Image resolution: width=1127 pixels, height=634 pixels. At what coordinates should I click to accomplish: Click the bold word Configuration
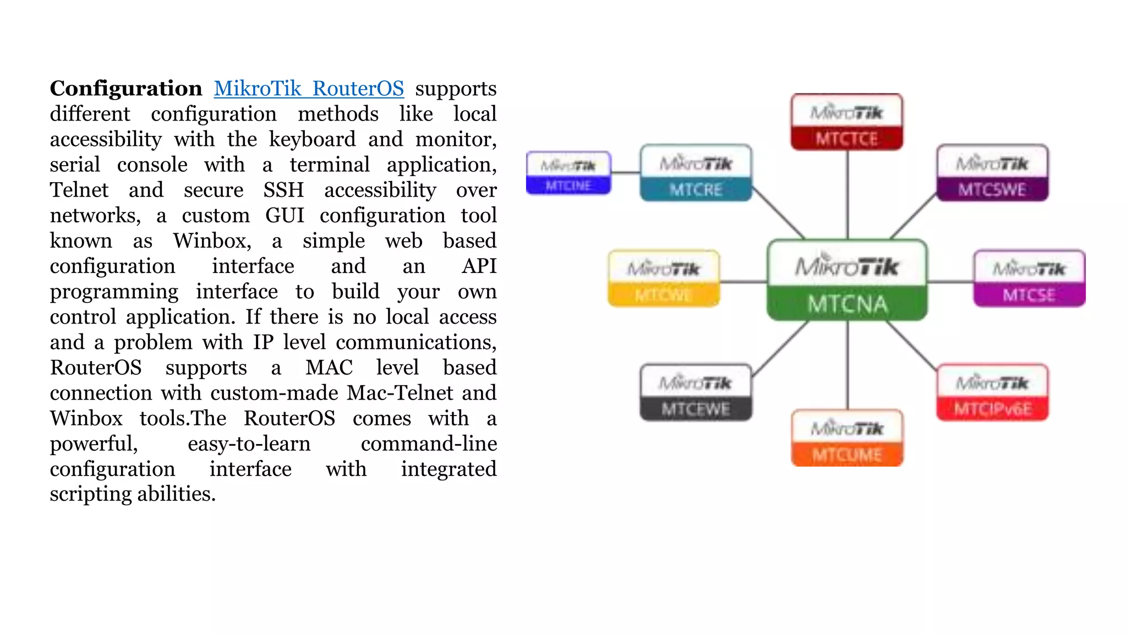pos(126,89)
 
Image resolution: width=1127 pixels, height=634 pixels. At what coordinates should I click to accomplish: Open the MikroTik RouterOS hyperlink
pos(309,89)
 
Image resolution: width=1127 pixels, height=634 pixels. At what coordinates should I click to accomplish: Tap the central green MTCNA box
pos(847,280)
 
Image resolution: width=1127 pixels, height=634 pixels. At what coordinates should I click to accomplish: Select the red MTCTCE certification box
pos(847,122)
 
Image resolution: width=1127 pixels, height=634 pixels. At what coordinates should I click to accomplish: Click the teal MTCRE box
pos(696,173)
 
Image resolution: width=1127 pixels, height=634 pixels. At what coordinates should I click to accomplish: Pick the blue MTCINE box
pos(568,173)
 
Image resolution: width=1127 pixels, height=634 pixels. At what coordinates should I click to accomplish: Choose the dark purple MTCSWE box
pos(992,173)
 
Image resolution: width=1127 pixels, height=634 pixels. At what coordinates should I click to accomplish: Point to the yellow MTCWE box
pos(664,278)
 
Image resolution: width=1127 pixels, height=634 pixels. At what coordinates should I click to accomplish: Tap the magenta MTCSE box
pos(1029,278)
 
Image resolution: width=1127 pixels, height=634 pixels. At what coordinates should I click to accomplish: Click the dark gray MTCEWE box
pos(696,392)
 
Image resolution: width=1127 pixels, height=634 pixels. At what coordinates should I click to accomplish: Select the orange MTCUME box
pos(847,438)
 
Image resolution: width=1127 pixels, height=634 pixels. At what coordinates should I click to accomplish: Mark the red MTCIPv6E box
pos(992,392)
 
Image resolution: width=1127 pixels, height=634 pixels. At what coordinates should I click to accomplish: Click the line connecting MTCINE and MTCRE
pos(626,173)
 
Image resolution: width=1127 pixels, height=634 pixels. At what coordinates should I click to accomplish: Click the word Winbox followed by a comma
pos(212,241)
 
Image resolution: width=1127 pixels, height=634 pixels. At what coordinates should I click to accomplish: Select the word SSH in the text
pos(283,190)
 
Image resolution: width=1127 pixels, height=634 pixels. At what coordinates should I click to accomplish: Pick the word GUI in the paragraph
pos(285,216)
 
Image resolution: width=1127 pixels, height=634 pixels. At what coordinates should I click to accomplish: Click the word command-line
pos(429,444)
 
